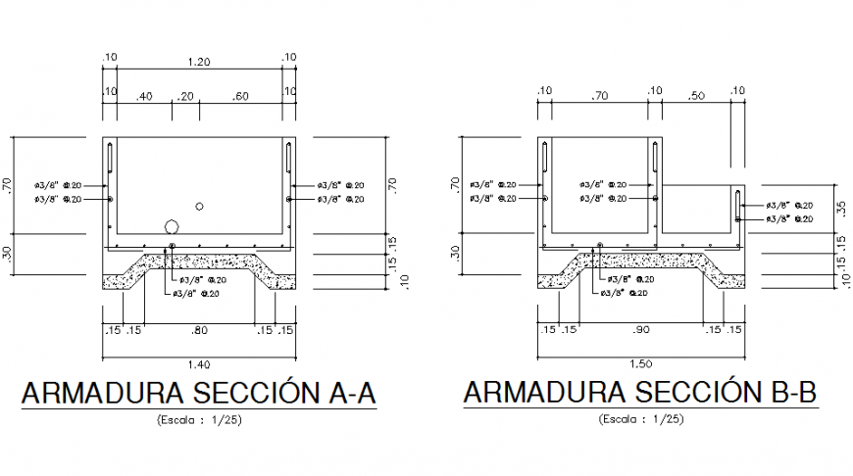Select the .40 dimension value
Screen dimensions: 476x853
click(144, 96)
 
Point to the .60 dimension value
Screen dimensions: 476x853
click(240, 96)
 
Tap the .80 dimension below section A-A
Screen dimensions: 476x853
click(199, 331)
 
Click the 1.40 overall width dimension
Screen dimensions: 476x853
click(199, 363)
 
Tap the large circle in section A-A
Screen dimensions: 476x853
click(172, 227)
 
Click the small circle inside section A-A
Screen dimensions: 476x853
click(200, 206)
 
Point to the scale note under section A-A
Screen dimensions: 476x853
click(199, 419)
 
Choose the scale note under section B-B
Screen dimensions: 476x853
click(639, 419)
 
